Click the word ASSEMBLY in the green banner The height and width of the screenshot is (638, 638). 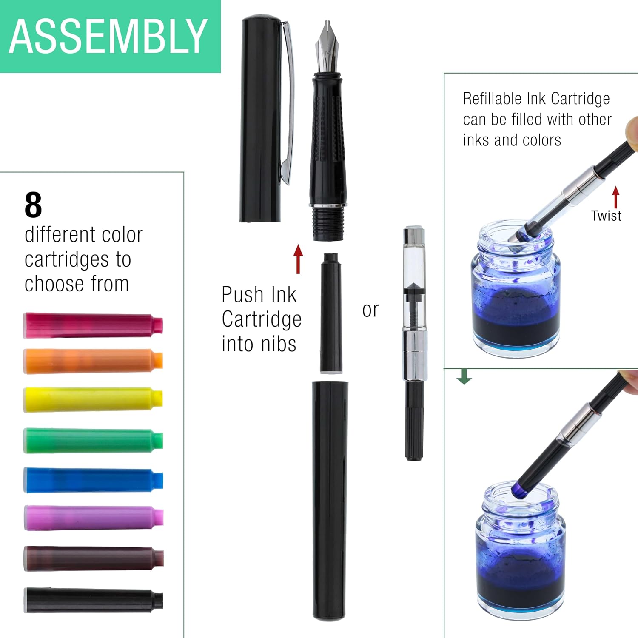(108, 37)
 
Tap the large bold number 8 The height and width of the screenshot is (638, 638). (33, 205)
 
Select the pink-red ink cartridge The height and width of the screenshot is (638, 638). (93, 325)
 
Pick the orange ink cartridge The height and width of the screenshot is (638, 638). (93, 361)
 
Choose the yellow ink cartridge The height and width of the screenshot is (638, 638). (93, 400)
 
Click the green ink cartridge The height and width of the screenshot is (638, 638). (93, 441)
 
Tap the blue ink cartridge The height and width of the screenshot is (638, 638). (93, 480)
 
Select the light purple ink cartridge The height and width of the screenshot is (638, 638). (94, 518)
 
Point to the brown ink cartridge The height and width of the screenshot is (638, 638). (94, 558)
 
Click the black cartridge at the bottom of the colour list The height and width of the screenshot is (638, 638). (94, 600)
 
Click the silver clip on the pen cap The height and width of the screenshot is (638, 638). (288, 102)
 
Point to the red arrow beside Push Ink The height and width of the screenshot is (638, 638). (298, 259)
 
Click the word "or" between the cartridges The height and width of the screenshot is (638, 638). (370, 310)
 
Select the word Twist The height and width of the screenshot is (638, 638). (606, 216)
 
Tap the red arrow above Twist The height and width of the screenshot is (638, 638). (615, 197)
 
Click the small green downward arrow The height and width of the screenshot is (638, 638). (464, 376)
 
